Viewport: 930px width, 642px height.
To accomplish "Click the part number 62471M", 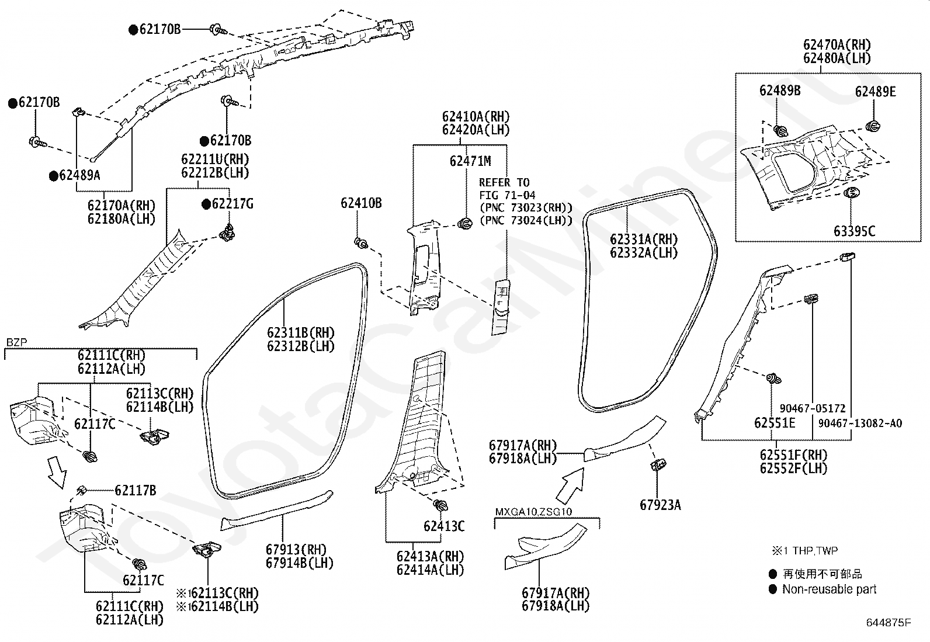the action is coord(470,161).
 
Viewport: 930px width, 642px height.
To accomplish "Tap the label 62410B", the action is coord(361,203).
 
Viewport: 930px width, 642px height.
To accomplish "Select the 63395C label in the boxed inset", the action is coord(855,231).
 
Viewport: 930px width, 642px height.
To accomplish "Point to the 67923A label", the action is coord(660,505).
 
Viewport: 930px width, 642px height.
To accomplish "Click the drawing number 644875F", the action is coord(889,623).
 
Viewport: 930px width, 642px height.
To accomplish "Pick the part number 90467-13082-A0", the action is coord(860,423).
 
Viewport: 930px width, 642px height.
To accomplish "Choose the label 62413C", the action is coord(444,526).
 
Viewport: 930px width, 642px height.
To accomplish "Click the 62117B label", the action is coord(136,491).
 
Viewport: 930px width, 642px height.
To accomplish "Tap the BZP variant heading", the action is coord(16,342).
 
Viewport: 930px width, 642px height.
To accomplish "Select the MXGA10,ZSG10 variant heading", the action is coord(533,512).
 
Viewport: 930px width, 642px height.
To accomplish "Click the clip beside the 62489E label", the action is coord(873,126).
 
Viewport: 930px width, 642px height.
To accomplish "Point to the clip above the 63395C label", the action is coord(852,192).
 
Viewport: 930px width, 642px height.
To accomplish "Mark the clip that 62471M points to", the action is coord(465,224).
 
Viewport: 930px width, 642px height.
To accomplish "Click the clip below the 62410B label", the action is coord(361,243).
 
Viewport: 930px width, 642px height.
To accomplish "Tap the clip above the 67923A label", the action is coord(658,464).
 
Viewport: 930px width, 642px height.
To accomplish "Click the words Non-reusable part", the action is coord(829,589).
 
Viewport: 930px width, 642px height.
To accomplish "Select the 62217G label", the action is coord(232,204).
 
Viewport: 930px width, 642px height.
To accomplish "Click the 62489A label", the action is coord(79,175).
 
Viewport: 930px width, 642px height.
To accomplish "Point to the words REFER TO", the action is coord(504,183).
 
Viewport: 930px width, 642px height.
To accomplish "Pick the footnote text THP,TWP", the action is coord(815,551).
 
